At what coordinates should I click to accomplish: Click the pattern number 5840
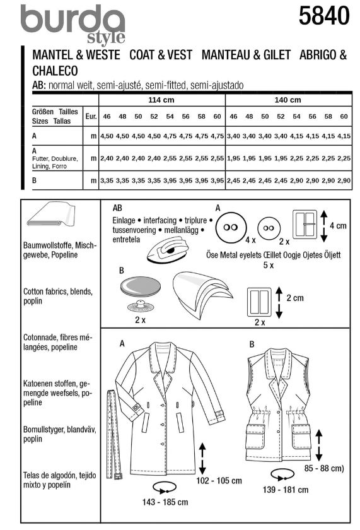[x=324, y=16]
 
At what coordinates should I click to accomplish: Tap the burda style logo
[x=73, y=25]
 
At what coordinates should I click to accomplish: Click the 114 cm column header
[x=161, y=100]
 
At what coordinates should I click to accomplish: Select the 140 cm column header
[x=287, y=100]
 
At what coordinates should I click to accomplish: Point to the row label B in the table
[x=34, y=180]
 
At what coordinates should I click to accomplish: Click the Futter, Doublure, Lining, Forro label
[x=55, y=162]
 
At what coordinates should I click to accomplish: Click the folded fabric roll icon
[x=51, y=215]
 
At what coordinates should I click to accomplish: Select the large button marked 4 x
[x=231, y=228]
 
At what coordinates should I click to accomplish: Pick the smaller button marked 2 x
[x=269, y=228]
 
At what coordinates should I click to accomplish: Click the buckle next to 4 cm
[x=305, y=224]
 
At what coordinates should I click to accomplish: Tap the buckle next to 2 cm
[x=259, y=302]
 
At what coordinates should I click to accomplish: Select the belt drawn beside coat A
[x=114, y=434]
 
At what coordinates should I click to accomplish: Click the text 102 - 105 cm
[x=219, y=480]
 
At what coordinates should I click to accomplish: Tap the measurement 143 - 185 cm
[x=165, y=502]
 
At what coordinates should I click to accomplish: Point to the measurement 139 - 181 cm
[x=286, y=490]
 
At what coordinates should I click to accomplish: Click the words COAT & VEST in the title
[x=161, y=55]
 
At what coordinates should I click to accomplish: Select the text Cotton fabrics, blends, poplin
[x=58, y=296]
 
